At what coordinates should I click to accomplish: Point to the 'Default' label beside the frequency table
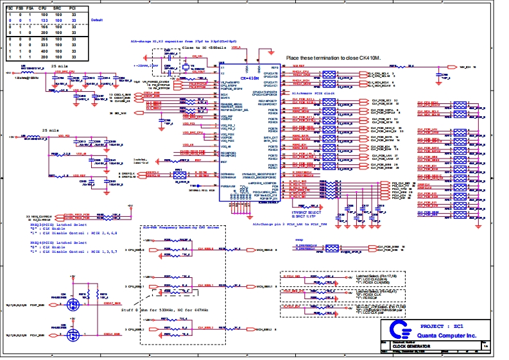coord(97,21)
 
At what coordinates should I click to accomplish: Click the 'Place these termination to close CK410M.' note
coord(335,57)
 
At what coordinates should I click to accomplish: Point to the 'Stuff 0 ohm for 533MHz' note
coord(173,309)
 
